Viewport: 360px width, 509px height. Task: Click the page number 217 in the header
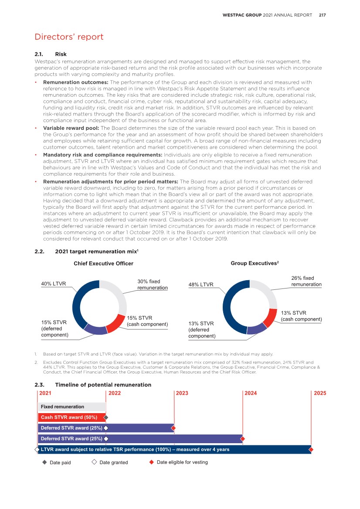point(322,15)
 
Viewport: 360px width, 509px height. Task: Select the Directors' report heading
point(69,37)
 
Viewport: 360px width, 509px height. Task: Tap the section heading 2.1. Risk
point(51,54)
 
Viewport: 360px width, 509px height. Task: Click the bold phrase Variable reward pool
point(71,128)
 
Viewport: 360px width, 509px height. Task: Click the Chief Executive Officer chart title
point(103,264)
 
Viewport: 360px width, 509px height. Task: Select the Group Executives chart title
point(254,263)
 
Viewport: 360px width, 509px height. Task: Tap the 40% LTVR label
point(53,284)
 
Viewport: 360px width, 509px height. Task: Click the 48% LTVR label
point(200,285)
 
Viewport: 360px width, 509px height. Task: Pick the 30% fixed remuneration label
point(152,285)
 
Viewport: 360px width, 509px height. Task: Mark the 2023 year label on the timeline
point(182,393)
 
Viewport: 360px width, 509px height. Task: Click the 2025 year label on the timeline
point(319,393)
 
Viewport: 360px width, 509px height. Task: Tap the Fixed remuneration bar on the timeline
point(71,407)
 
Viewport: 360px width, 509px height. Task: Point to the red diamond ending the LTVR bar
point(311,449)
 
